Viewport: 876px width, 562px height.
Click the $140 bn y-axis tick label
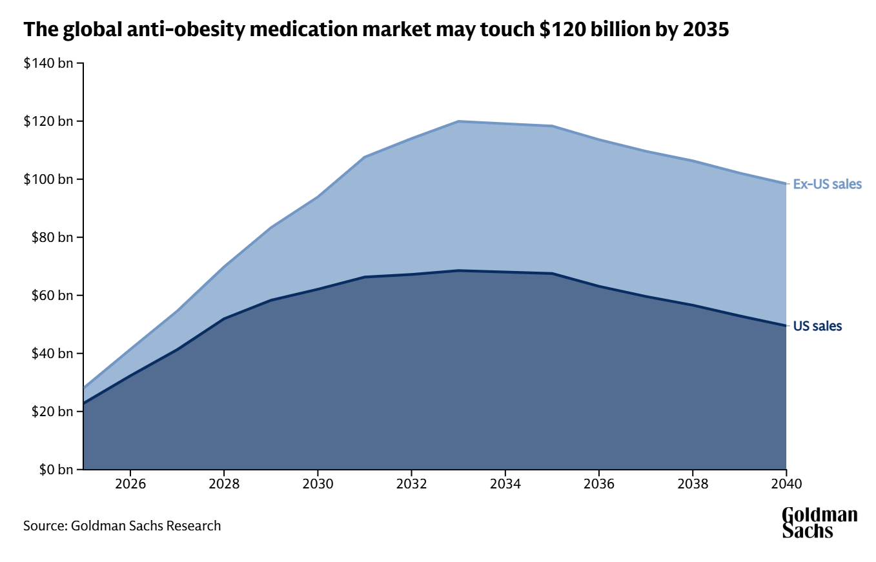pos(48,63)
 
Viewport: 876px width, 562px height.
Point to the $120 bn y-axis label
pos(48,121)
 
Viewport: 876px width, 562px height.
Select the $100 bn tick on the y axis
pos(48,179)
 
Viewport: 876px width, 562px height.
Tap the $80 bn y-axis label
pos(50,237)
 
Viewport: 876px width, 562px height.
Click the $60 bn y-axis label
pos(50,296)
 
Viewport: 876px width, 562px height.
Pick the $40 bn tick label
pos(50,354)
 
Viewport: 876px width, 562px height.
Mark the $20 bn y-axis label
pos(50,412)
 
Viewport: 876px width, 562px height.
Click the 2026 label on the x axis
pos(130,484)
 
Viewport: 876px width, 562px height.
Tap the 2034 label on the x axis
pos(505,484)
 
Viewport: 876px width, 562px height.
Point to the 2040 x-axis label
pos(786,484)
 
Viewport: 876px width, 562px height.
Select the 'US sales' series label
pos(817,326)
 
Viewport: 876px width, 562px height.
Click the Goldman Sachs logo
pos(819,523)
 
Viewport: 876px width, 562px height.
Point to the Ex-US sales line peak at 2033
pos(458,121)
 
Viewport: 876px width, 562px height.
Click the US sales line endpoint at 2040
pos(786,326)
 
